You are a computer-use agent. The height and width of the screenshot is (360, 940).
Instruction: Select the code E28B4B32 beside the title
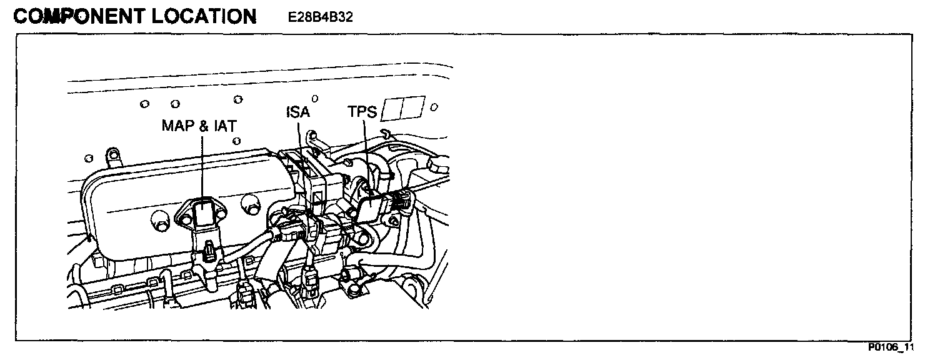[321, 17]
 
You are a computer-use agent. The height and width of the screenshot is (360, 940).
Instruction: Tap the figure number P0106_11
[890, 347]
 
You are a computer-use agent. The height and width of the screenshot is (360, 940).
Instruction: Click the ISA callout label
[298, 112]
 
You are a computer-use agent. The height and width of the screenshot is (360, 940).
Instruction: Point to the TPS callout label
[362, 112]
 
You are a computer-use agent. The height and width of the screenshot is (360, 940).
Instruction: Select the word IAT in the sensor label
[223, 126]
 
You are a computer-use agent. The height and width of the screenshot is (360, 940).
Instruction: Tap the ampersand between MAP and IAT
[203, 126]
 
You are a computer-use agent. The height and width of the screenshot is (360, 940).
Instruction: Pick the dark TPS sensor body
[372, 206]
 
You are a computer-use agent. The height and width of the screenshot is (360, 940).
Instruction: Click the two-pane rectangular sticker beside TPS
[403, 108]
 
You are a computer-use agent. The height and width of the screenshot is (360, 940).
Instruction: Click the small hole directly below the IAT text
[236, 141]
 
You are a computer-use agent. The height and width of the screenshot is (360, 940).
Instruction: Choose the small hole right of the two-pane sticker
[434, 106]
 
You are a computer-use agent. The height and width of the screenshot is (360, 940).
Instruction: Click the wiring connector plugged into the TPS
[399, 201]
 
